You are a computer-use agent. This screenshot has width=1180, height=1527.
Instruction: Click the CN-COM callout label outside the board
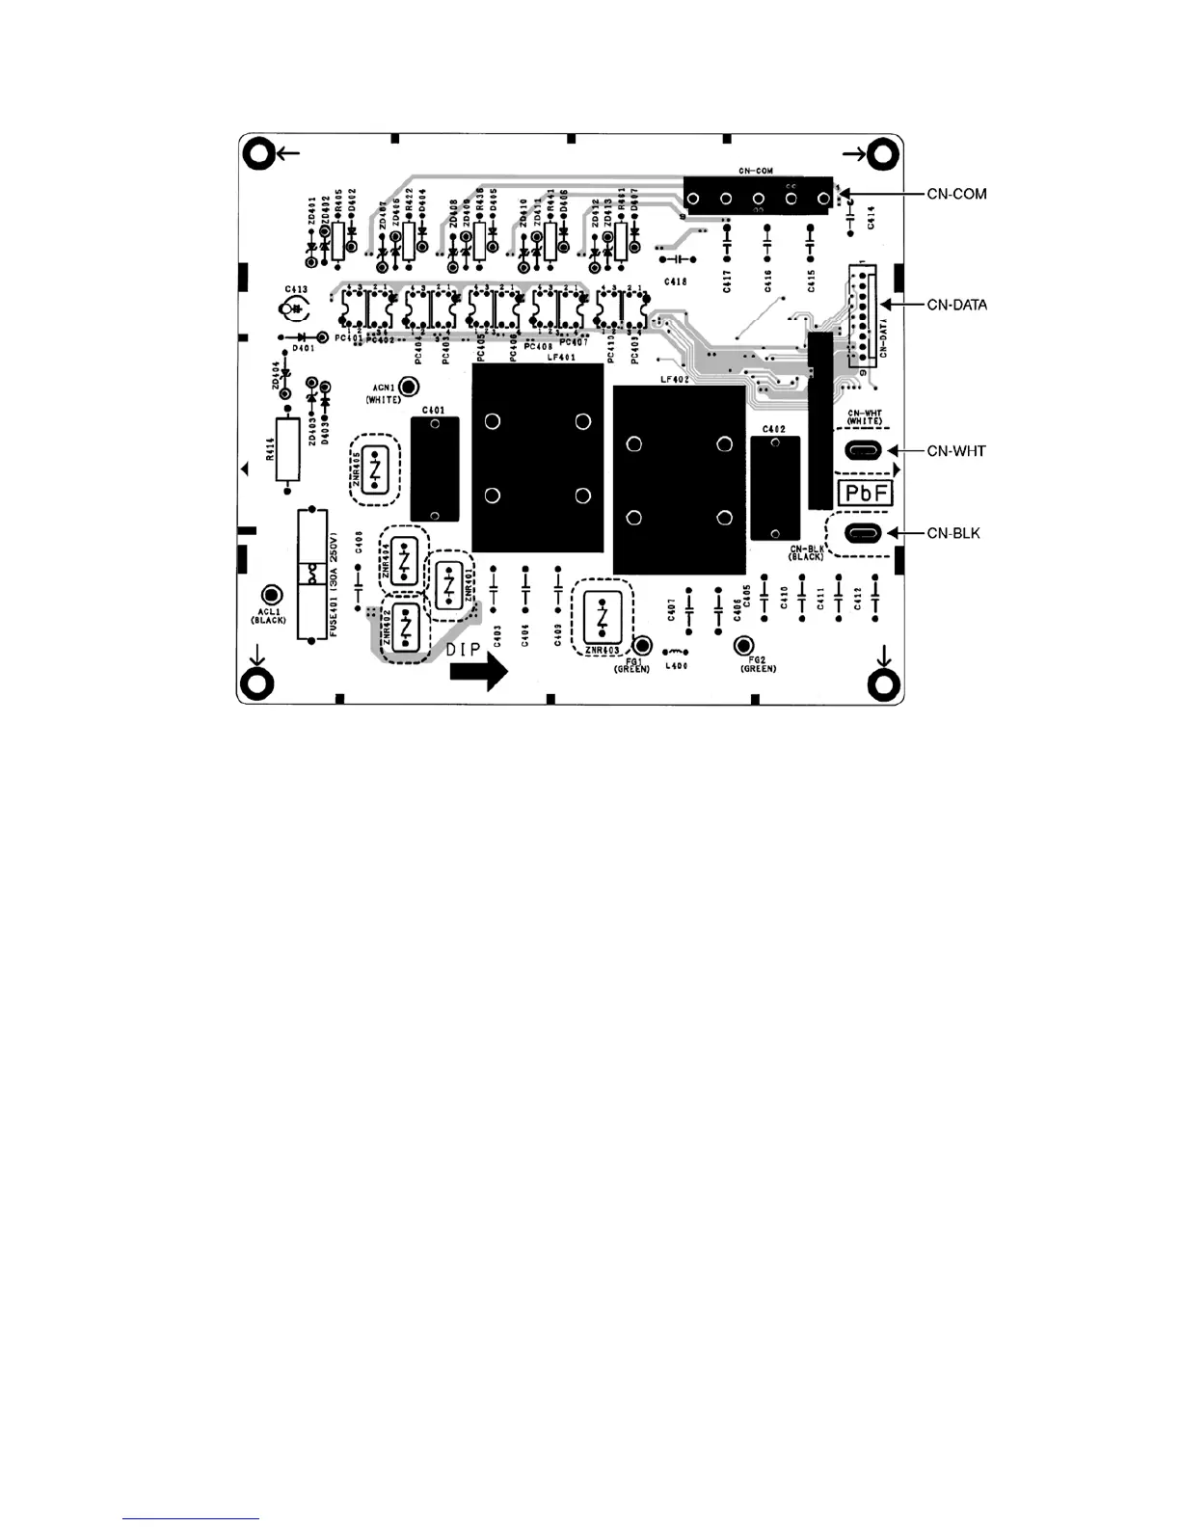pos(956,195)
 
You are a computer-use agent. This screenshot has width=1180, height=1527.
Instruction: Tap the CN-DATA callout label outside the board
pos(956,305)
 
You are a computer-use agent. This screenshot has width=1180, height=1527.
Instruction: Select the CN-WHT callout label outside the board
pos(956,451)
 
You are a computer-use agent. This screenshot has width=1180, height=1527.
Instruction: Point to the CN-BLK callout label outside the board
pos(953,533)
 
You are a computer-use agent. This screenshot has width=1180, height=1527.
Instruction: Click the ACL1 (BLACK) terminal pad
pos(272,594)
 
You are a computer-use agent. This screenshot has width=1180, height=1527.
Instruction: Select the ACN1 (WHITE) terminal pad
pos(409,387)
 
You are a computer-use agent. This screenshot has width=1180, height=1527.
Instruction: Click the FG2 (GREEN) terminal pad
pos(743,645)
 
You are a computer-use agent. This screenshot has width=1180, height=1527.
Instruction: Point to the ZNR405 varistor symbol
pos(376,469)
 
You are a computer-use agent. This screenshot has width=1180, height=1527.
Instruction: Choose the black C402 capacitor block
pos(775,487)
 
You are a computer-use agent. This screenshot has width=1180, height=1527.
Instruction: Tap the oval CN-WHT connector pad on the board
pos(862,450)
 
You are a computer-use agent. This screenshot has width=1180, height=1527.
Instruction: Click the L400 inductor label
pos(676,666)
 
